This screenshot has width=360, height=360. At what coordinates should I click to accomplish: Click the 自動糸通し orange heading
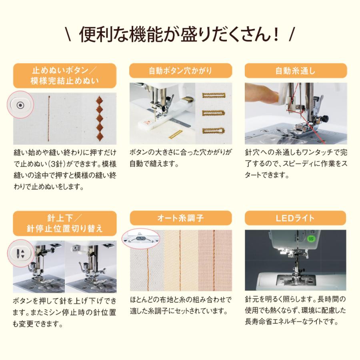pos(296,72)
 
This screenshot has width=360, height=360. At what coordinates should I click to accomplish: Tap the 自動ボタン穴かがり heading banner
pos(181,72)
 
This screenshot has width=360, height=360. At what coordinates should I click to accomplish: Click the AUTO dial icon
pos(141,238)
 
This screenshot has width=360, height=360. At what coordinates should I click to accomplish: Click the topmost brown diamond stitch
pos(99,100)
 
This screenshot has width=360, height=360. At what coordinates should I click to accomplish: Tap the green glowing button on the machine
pos(310,239)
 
